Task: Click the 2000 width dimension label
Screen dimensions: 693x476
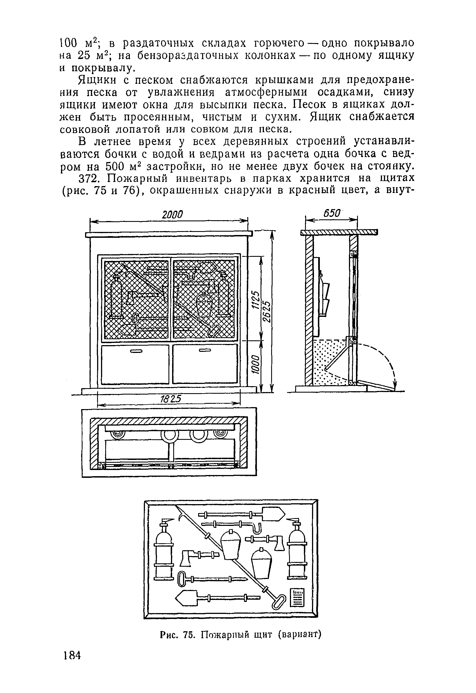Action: (172, 214)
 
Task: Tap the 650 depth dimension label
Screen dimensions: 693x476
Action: (332, 213)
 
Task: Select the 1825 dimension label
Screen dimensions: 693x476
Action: (169, 399)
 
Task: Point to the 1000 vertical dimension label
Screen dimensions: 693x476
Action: (255, 364)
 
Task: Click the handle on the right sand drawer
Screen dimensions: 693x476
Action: (205, 350)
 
